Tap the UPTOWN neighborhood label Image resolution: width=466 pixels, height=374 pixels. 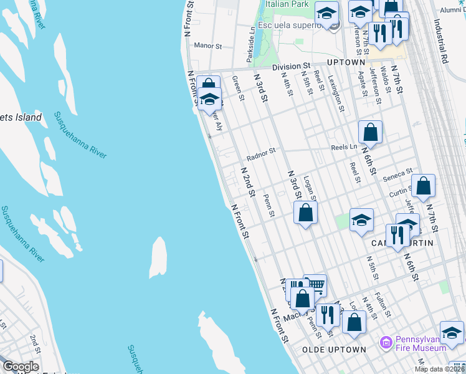(345, 63)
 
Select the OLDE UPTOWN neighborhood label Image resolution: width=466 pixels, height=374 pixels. (334, 350)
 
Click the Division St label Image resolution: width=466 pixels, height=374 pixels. (290, 65)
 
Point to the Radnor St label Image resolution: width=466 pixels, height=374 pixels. (260, 158)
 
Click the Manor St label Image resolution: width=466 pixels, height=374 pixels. (208, 46)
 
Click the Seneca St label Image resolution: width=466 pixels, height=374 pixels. (398, 172)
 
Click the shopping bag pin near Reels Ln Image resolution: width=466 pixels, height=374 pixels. (370, 132)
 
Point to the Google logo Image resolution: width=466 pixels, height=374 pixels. (21, 367)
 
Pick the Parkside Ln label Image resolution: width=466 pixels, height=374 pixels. (250, 43)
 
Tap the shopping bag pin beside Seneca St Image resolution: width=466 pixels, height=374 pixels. (423, 185)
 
